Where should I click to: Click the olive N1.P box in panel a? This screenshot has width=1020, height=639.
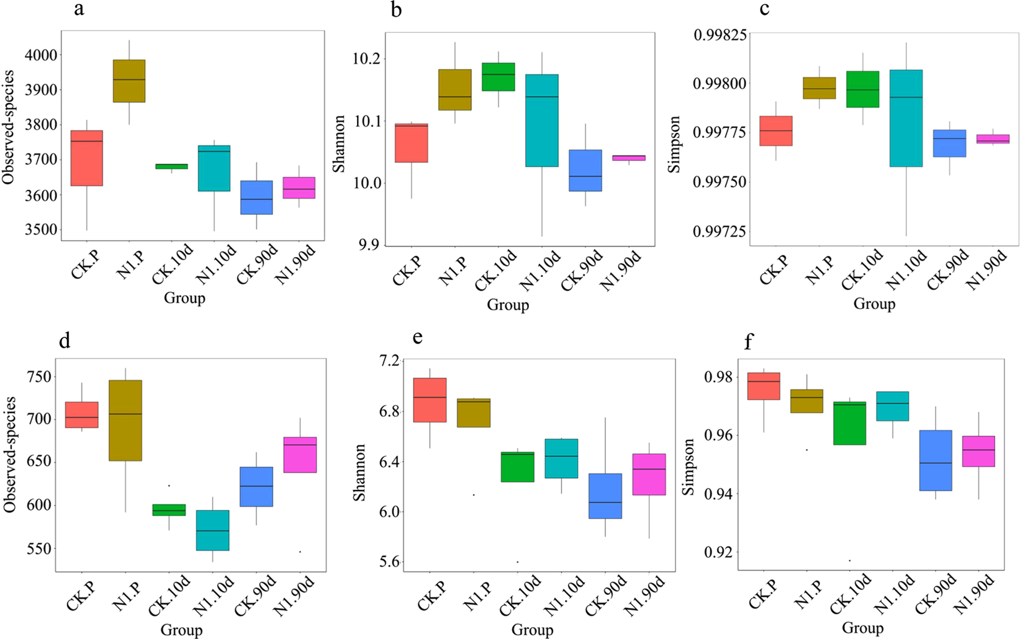tap(129, 81)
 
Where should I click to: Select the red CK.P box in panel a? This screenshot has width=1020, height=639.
tap(87, 158)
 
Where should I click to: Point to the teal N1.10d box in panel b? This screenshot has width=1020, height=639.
tap(542, 120)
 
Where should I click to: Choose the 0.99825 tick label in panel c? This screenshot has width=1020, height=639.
tap(720, 34)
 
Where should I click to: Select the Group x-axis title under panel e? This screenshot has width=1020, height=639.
tap(532, 630)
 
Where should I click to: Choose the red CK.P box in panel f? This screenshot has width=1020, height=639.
tap(764, 386)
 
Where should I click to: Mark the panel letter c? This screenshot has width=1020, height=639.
tap(765, 9)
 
